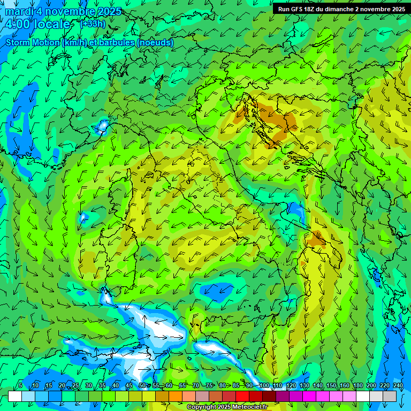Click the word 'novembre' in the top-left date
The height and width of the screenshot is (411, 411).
pyautogui.click(x=70, y=11)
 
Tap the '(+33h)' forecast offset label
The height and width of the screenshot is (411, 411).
pyautogui.click(x=93, y=24)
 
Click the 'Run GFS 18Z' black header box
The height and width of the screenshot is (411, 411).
pyautogui.click(x=340, y=9)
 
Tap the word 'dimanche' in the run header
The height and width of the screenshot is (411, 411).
pyautogui.click(x=350, y=9)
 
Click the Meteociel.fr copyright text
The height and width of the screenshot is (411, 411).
pyautogui.click(x=227, y=407)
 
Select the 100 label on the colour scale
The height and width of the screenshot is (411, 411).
pyautogui.click(x=264, y=385)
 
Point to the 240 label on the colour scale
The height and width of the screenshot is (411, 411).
pyautogui.click(x=398, y=385)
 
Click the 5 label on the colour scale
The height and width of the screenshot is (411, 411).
pyautogui.click(x=20, y=385)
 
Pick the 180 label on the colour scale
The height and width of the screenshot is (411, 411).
pyautogui.click(x=357, y=385)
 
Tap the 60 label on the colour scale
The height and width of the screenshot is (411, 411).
pyautogui.click(x=169, y=385)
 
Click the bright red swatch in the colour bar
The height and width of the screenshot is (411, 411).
pyautogui.click(x=242, y=396)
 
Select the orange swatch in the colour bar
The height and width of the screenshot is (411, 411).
pyautogui.click(x=176, y=396)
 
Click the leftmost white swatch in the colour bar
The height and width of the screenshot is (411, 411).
pyautogui.click(x=15, y=396)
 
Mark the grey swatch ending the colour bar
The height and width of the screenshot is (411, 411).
pyautogui.click(x=390, y=396)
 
